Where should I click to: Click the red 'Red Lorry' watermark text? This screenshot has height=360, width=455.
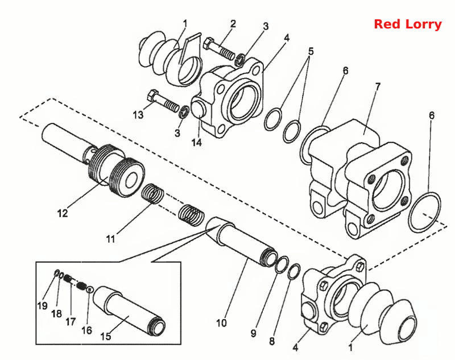coord(408,24)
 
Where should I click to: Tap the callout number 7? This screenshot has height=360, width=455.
coord(378,86)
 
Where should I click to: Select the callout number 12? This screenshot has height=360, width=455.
coord(63,213)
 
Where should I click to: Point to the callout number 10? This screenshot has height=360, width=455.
coord(221,322)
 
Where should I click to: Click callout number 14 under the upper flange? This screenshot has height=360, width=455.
coord(196,142)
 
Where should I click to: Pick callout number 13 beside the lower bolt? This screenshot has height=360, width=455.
coord(138,115)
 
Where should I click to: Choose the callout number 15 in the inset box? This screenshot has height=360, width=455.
coord(106,336)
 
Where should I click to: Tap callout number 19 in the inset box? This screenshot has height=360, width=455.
coord(42,305)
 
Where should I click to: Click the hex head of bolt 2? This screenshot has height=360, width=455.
coord(208,44)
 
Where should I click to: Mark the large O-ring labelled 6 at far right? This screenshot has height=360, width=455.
coord(424,213)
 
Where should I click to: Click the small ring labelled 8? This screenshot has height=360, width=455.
coord(294,272)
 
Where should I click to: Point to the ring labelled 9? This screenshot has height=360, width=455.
coord(282,264)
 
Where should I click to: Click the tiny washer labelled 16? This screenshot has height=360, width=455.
coord(90,289)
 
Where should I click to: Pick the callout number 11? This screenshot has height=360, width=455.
coord(110,239)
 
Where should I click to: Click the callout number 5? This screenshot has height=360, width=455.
coord(311,52)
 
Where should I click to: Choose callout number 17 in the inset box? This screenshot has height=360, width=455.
coord(71,321)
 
